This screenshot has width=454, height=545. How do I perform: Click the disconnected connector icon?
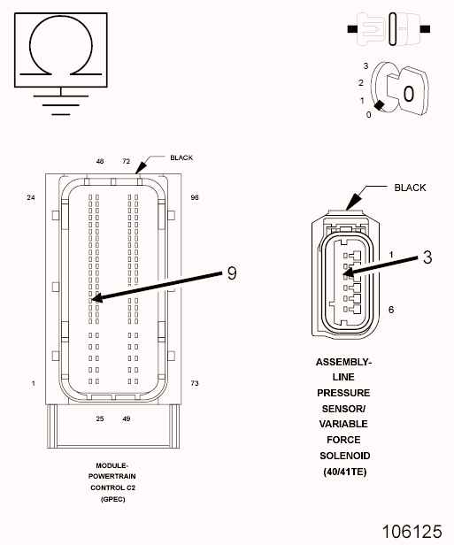[389, 29]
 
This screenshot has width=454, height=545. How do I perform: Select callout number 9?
[232, 273]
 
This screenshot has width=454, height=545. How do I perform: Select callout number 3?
[427, 257]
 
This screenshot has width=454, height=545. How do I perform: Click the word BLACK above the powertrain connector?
[181, 157]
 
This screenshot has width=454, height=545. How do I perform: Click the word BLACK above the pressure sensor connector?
[410, 188]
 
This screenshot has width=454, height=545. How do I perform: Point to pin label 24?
[31, 197]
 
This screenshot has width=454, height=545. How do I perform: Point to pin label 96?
[195, 197]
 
